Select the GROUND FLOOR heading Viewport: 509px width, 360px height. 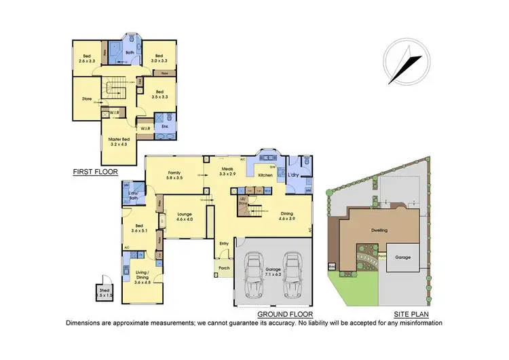click(284, 314)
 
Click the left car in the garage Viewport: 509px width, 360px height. click(254, 275)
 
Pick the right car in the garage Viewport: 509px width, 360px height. click(293, 275)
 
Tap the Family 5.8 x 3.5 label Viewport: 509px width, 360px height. click(176, 176)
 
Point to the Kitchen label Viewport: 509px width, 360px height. click(265, 175)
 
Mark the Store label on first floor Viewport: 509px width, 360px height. click(87, 99)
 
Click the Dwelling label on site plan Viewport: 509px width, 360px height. click(379, 230)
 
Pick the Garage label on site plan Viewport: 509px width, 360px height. click(402, 258)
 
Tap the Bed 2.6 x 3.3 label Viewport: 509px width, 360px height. click(87, 59)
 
